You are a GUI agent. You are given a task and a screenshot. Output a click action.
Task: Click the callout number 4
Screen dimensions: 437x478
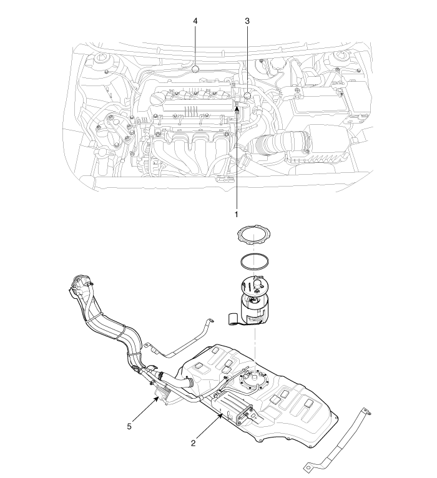195,21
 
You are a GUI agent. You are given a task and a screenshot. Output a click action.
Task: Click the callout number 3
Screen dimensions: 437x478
247,21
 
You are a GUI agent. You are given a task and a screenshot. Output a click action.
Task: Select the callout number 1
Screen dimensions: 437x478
236,215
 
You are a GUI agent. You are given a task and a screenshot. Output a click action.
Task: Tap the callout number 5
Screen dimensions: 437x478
129,426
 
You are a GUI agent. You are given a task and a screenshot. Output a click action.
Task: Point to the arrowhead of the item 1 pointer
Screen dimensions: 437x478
237,107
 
